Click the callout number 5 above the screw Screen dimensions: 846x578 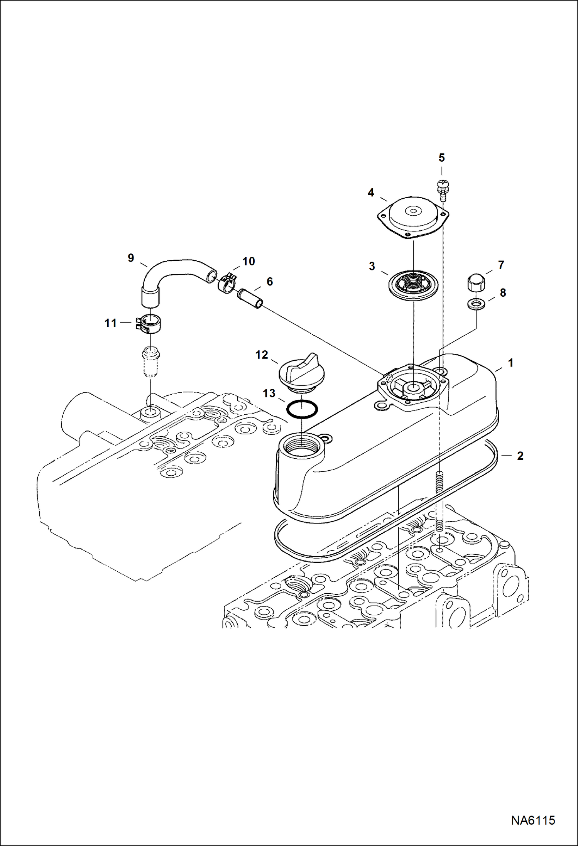point(441,158)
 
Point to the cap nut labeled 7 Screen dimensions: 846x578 point(476,284)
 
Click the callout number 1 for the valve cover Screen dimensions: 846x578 point(510,363)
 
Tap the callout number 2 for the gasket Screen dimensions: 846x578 point(520,456)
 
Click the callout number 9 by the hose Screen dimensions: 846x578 point(131,258)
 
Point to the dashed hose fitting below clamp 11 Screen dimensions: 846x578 point(150,361)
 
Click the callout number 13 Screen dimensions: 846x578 point(269,393)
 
